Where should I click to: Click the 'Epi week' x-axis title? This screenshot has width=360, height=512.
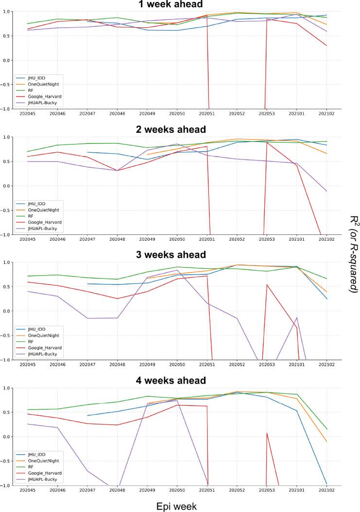[177, 506]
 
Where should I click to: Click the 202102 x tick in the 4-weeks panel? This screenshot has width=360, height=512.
[326, 490]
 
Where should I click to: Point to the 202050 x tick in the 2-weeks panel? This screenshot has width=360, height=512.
[177, 239]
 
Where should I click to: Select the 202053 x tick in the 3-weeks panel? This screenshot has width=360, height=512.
[267, 364]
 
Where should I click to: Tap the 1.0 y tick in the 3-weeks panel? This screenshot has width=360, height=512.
[12, 263]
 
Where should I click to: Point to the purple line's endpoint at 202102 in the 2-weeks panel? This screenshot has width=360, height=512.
[326, 191]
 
